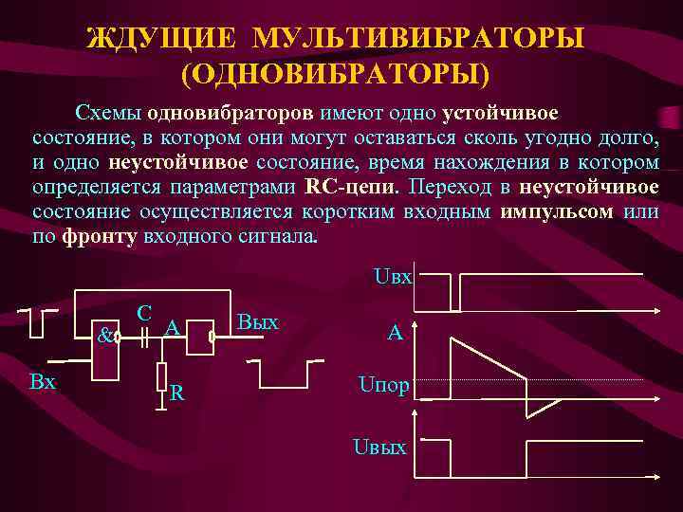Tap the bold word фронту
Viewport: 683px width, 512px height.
click(100, 235)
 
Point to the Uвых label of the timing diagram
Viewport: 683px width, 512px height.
click(380, 446)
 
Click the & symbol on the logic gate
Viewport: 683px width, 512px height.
click(105, 334)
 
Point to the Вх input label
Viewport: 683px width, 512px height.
click(43, 382)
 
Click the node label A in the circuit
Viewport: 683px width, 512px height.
click(173, 327)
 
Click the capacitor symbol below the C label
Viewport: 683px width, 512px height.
click(145, 336)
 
